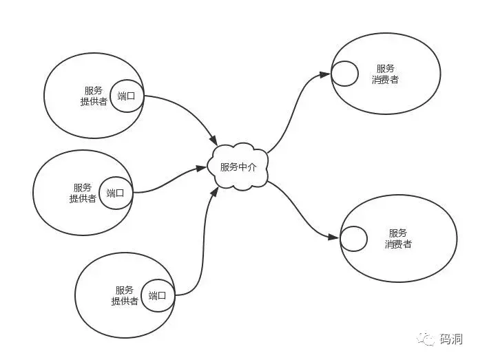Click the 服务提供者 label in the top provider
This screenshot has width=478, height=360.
tap(94, 96)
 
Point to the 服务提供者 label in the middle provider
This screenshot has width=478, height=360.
tap(83, 193)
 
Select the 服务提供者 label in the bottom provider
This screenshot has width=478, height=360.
tap(125, 296)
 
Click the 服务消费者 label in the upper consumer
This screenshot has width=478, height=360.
tap(385, 74)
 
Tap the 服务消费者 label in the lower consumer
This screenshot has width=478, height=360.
tap(398, 239)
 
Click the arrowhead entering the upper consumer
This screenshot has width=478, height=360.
tap(325, 74)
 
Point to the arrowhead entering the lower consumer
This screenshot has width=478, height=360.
tap(333, 237)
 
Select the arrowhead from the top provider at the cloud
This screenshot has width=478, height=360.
tap(214, 140)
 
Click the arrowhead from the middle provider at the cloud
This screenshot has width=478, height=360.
tap(202, 168)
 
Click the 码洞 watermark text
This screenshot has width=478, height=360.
tap(451, 339)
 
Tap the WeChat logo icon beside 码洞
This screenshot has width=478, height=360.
tap(426, 339)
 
